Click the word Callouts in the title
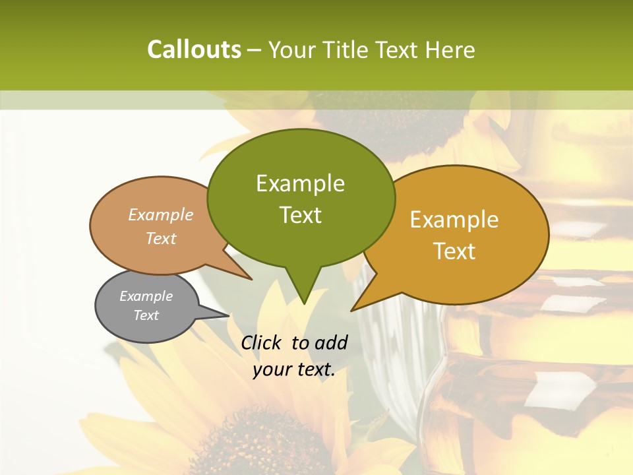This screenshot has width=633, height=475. pos(194,49)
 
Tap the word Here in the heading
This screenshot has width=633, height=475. pos(450,50)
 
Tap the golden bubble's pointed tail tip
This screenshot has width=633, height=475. pos(353,309)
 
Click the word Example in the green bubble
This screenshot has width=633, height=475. pos(300,183)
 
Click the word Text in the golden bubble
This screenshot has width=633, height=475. pos(455,251)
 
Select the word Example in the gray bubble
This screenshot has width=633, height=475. pos(146,296)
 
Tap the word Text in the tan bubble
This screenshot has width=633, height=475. pos(161,238)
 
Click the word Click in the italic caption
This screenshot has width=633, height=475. pos(262,342)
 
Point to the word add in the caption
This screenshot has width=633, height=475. pos(330,342)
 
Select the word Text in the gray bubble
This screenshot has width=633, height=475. pos(146,315)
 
